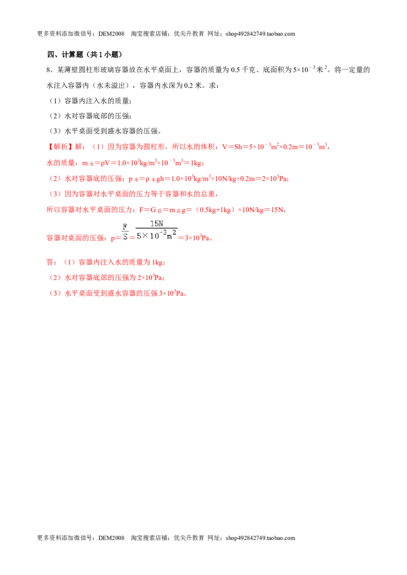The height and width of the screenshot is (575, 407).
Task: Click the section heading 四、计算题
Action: point(66,55)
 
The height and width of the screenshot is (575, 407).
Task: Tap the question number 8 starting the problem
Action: point(48,70)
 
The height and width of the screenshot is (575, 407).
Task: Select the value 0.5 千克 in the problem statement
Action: point(243,70)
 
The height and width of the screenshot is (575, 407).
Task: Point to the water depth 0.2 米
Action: point(193,85)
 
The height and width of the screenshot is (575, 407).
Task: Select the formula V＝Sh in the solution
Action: point(232,147)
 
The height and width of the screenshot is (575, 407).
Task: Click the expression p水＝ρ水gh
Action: point(146,179)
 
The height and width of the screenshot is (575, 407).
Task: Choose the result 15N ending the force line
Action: point(277,210)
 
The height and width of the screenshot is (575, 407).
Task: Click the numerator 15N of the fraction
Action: point(157,223)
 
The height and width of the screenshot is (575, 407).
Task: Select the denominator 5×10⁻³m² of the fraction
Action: point(157,235)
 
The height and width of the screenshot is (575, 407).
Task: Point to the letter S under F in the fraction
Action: point(125,237)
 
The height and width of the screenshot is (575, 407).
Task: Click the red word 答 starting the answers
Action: point(50,262)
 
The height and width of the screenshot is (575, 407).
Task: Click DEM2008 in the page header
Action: point(111,34)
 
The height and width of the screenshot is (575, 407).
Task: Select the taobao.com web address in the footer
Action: point(260,538)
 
